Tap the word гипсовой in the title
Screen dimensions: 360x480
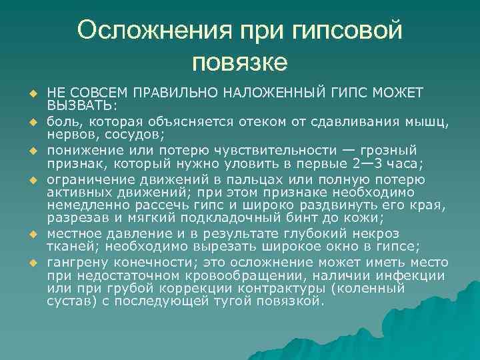[x=347, y=30]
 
